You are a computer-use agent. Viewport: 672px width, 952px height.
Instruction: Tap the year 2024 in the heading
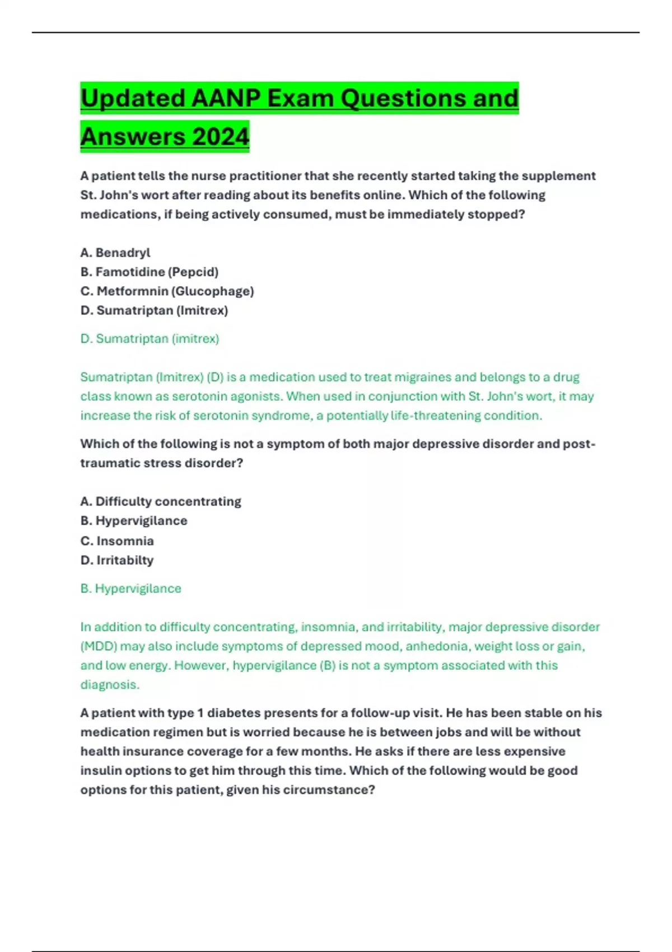220,137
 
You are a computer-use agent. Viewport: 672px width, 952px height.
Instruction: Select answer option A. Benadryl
115,253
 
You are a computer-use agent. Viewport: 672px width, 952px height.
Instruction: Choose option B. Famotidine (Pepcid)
150,272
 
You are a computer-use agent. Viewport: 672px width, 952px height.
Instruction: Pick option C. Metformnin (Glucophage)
167,291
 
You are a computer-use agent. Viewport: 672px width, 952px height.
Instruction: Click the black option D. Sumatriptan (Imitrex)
154,310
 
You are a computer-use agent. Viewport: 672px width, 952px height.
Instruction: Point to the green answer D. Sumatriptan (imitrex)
150,339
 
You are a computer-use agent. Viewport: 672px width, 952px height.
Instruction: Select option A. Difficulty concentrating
161,501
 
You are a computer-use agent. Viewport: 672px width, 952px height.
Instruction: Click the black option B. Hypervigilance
134,521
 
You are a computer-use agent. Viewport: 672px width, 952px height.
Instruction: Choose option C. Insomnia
117,541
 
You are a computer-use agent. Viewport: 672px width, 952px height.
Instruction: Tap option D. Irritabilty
117,560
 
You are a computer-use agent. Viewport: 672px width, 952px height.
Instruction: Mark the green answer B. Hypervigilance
131,589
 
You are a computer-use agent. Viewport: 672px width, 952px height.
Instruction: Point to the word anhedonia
437,646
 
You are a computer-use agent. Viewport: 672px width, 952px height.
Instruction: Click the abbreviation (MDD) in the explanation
99,646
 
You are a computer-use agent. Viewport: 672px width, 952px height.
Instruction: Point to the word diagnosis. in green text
110,684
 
